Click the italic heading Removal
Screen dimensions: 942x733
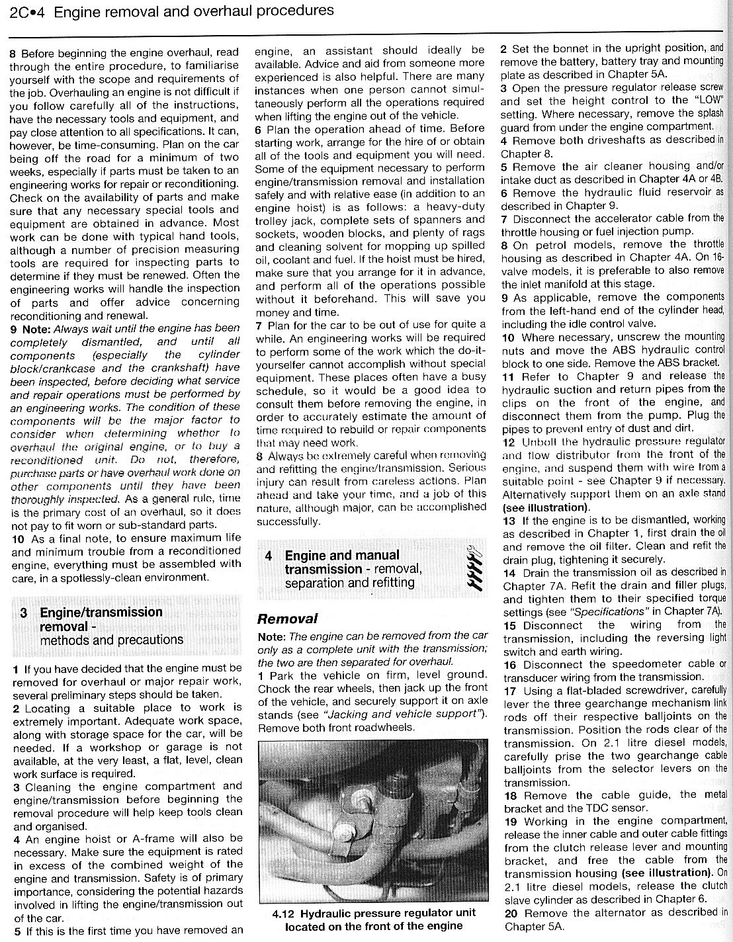click(x=287, y=619)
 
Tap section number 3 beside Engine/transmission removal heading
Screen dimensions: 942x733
click(x=24, y=613)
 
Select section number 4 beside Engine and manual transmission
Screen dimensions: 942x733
click(x=269, y=556)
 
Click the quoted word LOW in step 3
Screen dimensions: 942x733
click(x=709, y=101)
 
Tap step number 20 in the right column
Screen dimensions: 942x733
click(x=509, y=913)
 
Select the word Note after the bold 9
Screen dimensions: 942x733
click(x=36, y=329)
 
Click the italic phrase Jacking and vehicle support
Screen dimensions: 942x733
click(x=402, y=714)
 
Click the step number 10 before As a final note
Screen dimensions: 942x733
click(x=19, y=538)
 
